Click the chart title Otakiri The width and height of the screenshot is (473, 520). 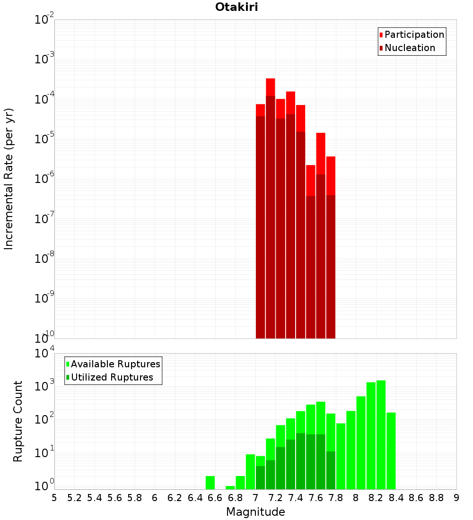[236, 7]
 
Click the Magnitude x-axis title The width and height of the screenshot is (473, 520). [255, 512]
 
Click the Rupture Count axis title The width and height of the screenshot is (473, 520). [18, 421]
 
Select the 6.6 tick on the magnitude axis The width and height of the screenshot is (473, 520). [215, 498]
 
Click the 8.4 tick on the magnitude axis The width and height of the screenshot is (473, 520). [396, 498]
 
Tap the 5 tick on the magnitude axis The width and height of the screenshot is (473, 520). [54, 498]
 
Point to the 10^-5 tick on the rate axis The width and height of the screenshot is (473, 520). [44, 139]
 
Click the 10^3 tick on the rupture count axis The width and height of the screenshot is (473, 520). [44, 386]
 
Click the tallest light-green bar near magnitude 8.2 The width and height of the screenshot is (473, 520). [381, 435]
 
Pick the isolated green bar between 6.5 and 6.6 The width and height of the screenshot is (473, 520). [210, 483]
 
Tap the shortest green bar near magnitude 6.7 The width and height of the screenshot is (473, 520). [230, 487]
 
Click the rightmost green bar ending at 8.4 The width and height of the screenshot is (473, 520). [391, 451]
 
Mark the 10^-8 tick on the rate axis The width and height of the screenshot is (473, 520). [44, 259]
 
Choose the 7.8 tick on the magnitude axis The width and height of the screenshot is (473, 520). [336, 498]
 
